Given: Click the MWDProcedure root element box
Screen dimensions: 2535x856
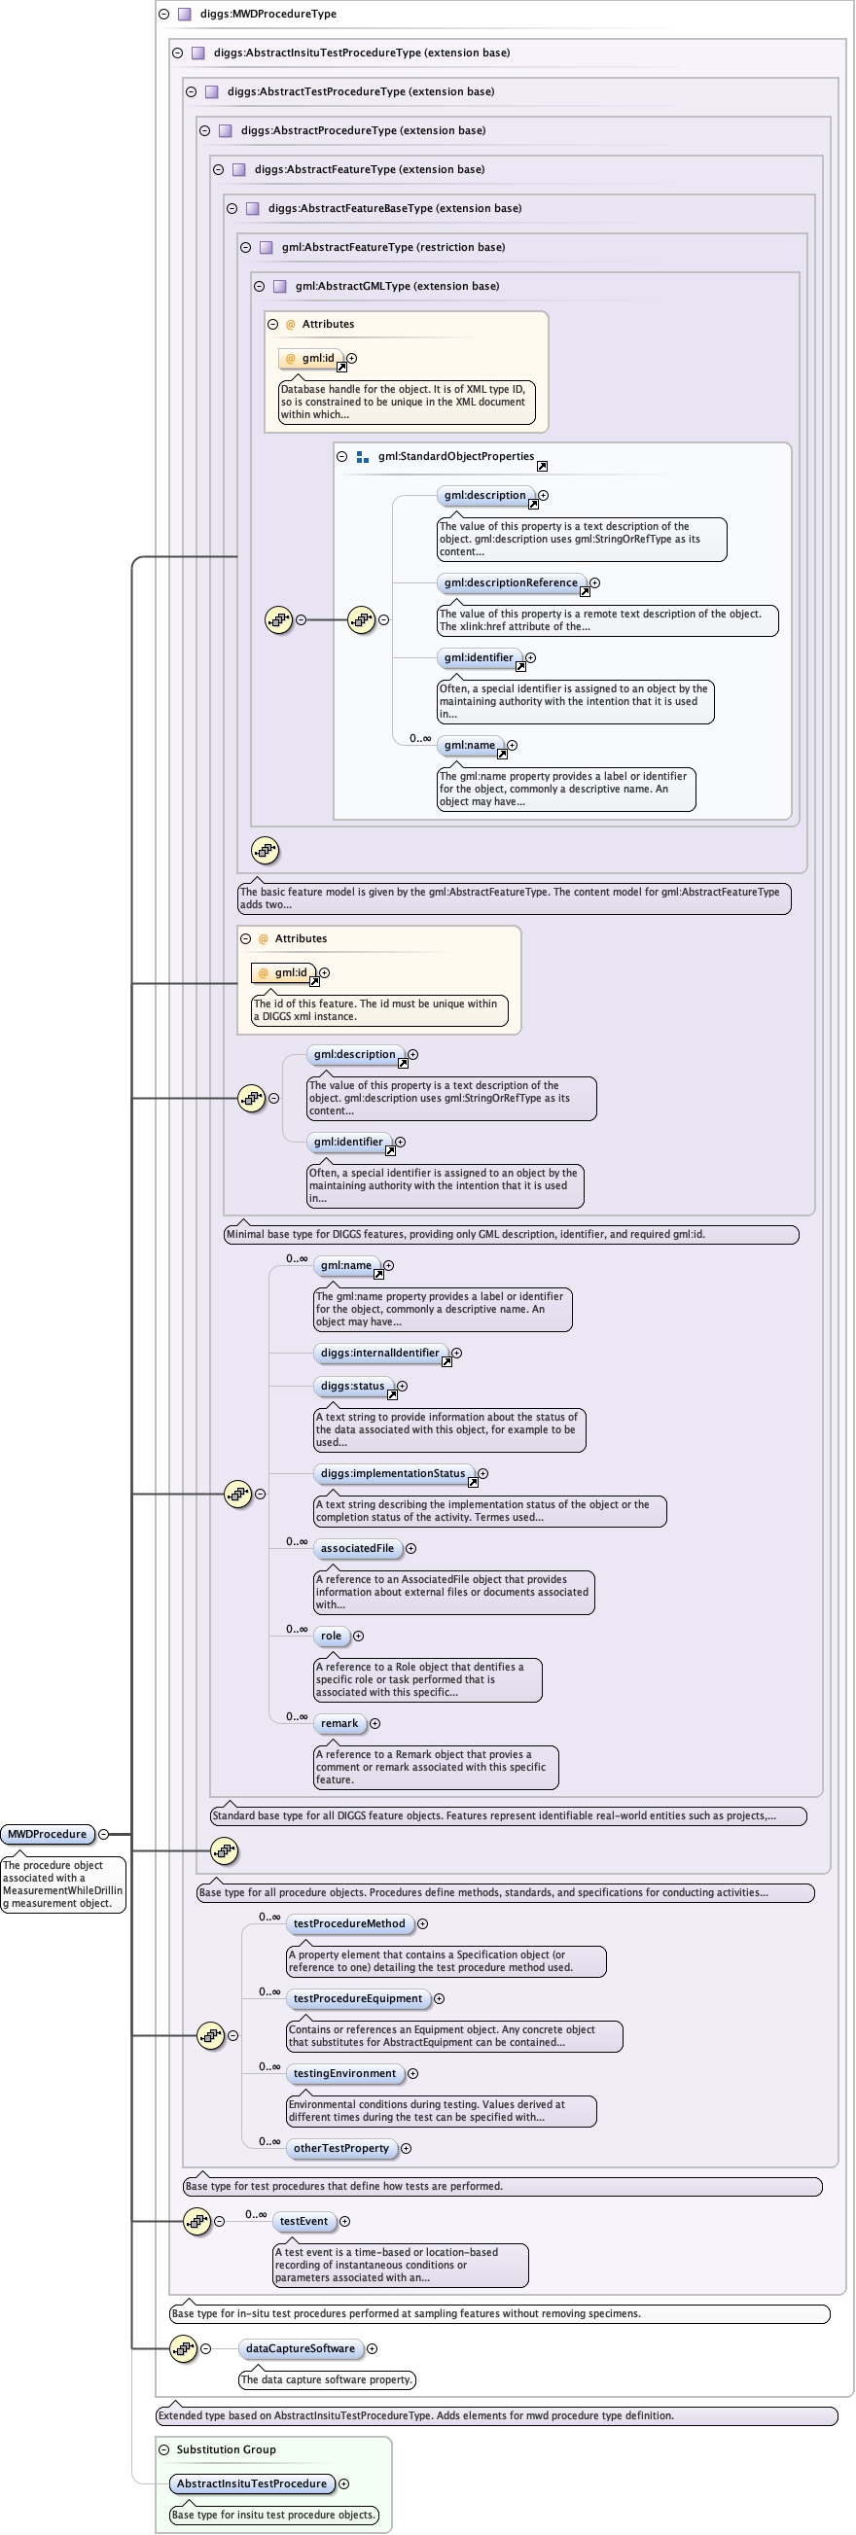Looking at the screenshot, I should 48,1834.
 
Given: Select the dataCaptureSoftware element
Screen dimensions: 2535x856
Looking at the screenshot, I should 301,2349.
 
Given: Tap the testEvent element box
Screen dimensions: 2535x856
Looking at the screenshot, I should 303,2221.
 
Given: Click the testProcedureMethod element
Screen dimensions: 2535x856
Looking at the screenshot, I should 348,1924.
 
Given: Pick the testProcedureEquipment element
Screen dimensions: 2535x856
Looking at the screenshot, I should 357,1998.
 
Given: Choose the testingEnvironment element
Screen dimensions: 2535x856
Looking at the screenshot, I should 344,2073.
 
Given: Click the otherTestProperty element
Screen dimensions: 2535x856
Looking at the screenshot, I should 340,2148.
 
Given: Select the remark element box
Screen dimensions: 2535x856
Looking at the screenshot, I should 339,1723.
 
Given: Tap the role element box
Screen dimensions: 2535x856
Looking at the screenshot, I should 331,1636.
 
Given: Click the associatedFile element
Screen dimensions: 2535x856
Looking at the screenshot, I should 356,1548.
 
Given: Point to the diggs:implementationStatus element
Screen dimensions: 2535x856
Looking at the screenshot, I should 393,1473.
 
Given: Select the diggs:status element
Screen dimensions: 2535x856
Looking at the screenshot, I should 352,1386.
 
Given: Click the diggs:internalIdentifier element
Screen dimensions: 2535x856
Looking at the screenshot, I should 379,1354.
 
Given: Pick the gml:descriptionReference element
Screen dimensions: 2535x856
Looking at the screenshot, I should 510,582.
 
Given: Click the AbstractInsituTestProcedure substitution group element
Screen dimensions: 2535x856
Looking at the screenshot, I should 251,2483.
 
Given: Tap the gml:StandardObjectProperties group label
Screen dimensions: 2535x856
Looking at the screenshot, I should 455,457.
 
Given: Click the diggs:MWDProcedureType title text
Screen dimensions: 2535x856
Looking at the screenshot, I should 267,14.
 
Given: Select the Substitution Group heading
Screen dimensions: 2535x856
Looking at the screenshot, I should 226,2449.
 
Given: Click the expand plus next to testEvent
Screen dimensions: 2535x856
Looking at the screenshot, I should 344,2221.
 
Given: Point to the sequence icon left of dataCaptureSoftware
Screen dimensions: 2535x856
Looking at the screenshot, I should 183,2349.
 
